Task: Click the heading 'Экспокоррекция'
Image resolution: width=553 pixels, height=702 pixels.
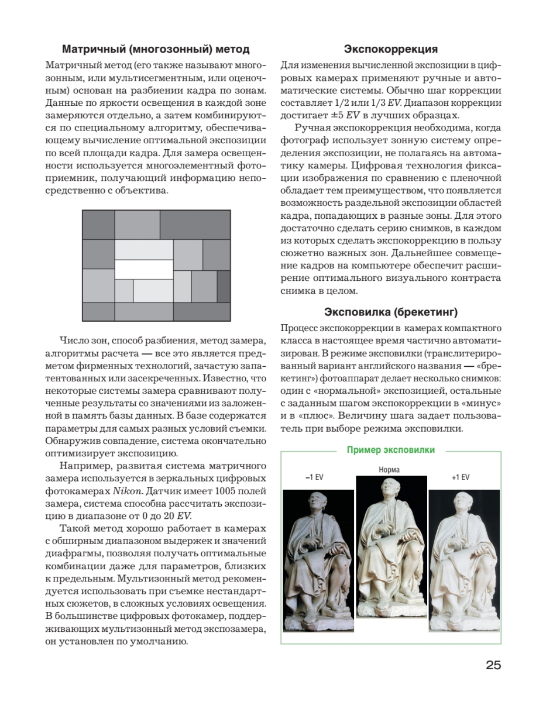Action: tap(391, 49)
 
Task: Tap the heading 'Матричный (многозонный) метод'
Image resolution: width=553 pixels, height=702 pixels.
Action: tap(156, 49)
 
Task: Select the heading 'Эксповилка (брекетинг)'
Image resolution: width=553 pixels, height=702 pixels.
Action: tap(391, 311)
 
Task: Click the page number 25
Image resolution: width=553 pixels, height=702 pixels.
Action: tap(493, 665)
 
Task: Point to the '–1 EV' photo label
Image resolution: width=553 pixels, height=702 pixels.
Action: tap(314, 477)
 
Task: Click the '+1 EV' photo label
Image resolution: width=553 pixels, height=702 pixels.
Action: tap(461, 477)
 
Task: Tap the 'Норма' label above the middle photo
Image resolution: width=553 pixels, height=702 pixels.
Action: tap(389, 469)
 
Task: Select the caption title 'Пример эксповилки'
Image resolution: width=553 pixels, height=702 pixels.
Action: tap(390, 450)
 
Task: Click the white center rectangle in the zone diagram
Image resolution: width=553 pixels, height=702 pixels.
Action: tap(143, 269)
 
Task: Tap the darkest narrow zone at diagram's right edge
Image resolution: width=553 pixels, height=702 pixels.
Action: tap(224, 286)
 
